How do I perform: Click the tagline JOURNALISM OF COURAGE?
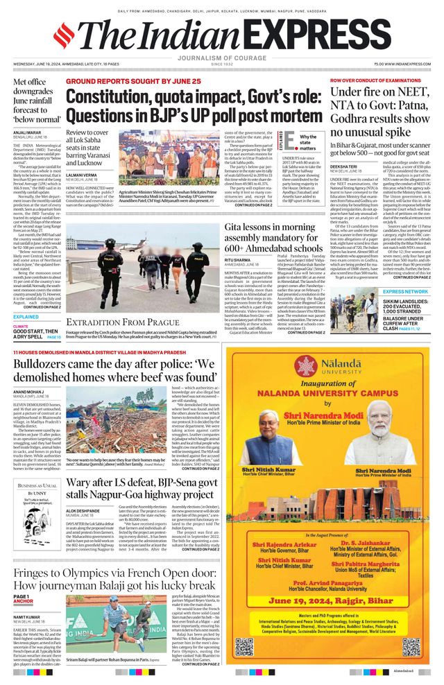[221, 58]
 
